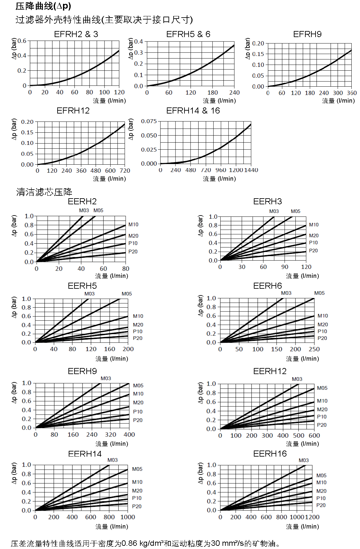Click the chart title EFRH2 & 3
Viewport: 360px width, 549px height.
pyautogui.click(x=76, y=34)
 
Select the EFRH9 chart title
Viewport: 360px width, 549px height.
pyautogui.click(x=307, y=34)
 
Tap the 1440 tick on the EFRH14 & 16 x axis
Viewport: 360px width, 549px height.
pyautogui.click(x=251, y=170)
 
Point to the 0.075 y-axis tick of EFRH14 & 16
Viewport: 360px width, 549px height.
pyautogui.click(x=149, y=121)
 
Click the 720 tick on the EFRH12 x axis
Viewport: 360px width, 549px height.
pyautogui.click(x=125, y=171)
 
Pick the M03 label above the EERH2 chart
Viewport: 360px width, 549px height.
pyautogui.click(x=84, y=210)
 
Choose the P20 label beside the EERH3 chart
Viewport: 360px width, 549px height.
pyautogui.click(x=313, y=251)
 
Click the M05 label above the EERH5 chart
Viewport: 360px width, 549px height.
pyautogui.click(x=127, y=294)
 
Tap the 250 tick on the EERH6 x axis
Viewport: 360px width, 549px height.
pyautogui.click(x=314, y=349)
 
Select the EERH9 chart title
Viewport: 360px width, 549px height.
pyautogui.click(x=82, y=371)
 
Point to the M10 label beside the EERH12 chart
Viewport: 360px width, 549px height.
pyautogui.click(x=322, y=401)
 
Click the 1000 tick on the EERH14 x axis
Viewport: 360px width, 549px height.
pyautogui.click(x=128, y=517)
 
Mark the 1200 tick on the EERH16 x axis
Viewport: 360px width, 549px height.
pyautogui.click(x=312, y=517)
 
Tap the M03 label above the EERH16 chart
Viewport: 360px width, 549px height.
pyautogui.click(x=304, y=460)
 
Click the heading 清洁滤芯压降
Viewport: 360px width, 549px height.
pyautogui.click(x=44, y=192)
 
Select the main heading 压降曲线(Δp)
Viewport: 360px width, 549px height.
pyautogui.click(x=43, y=6)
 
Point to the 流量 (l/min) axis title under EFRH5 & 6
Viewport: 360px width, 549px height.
pyautogui.click(x=219, y=101)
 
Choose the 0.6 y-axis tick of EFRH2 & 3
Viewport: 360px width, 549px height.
pyautogui.click(x=22, y=41)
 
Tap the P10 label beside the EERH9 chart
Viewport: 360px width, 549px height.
pyautogui.click(x=138, y=412)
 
